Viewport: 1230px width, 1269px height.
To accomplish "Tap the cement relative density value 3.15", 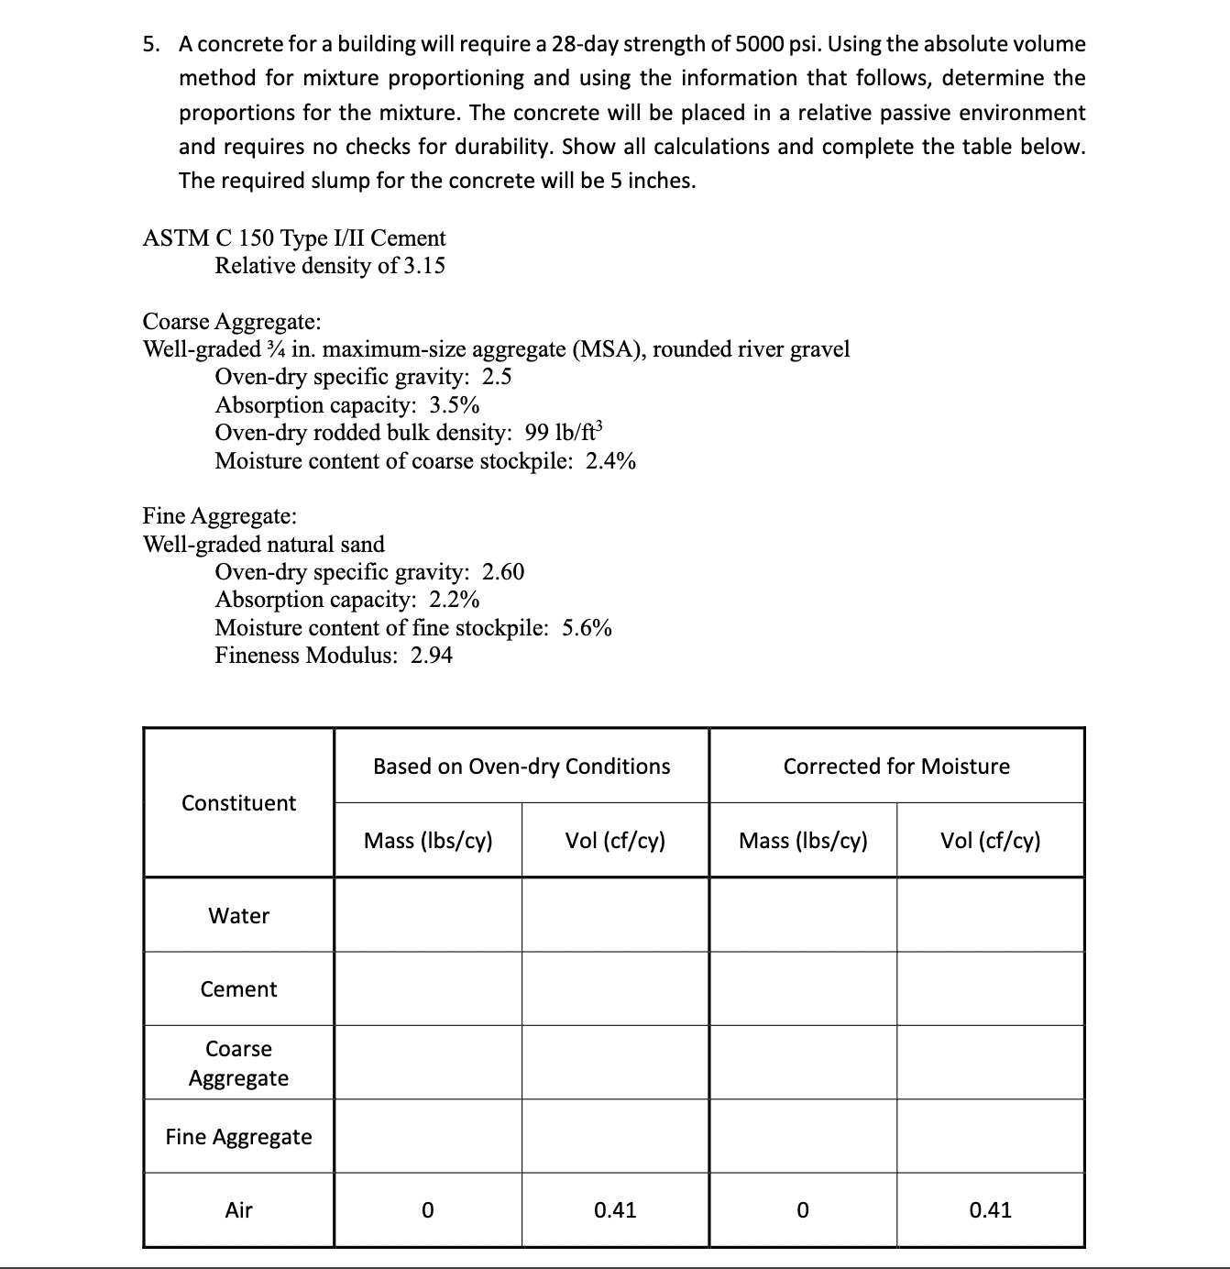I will coord(424,266).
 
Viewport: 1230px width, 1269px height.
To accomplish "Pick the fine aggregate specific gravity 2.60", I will coord(503,572).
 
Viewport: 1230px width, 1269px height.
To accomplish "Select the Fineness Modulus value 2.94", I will coord(431,656).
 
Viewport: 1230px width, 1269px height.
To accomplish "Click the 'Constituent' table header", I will coord(238,803).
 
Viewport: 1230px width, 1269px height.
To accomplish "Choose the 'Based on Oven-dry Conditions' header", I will coord(522,767).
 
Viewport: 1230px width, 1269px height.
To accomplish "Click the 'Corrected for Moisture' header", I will coord(896,767).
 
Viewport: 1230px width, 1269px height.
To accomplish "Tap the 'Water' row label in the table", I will coord(238,916).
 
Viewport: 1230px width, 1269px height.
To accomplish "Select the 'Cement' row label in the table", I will coord(238,989).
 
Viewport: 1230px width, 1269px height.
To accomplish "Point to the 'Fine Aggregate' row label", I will coord(238,1137).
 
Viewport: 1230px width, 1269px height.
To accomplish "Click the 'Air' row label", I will coord(238,1210).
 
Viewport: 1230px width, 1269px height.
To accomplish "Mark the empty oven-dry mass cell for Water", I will coord(428,915).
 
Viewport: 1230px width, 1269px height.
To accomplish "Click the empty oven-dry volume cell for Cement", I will coord(615,989).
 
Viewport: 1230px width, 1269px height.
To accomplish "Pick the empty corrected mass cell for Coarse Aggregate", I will coord(803,1063).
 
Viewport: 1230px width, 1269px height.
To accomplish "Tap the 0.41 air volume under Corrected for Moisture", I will coord(990,1210).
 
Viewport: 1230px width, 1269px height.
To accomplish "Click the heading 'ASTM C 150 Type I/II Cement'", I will coord(294,238).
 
